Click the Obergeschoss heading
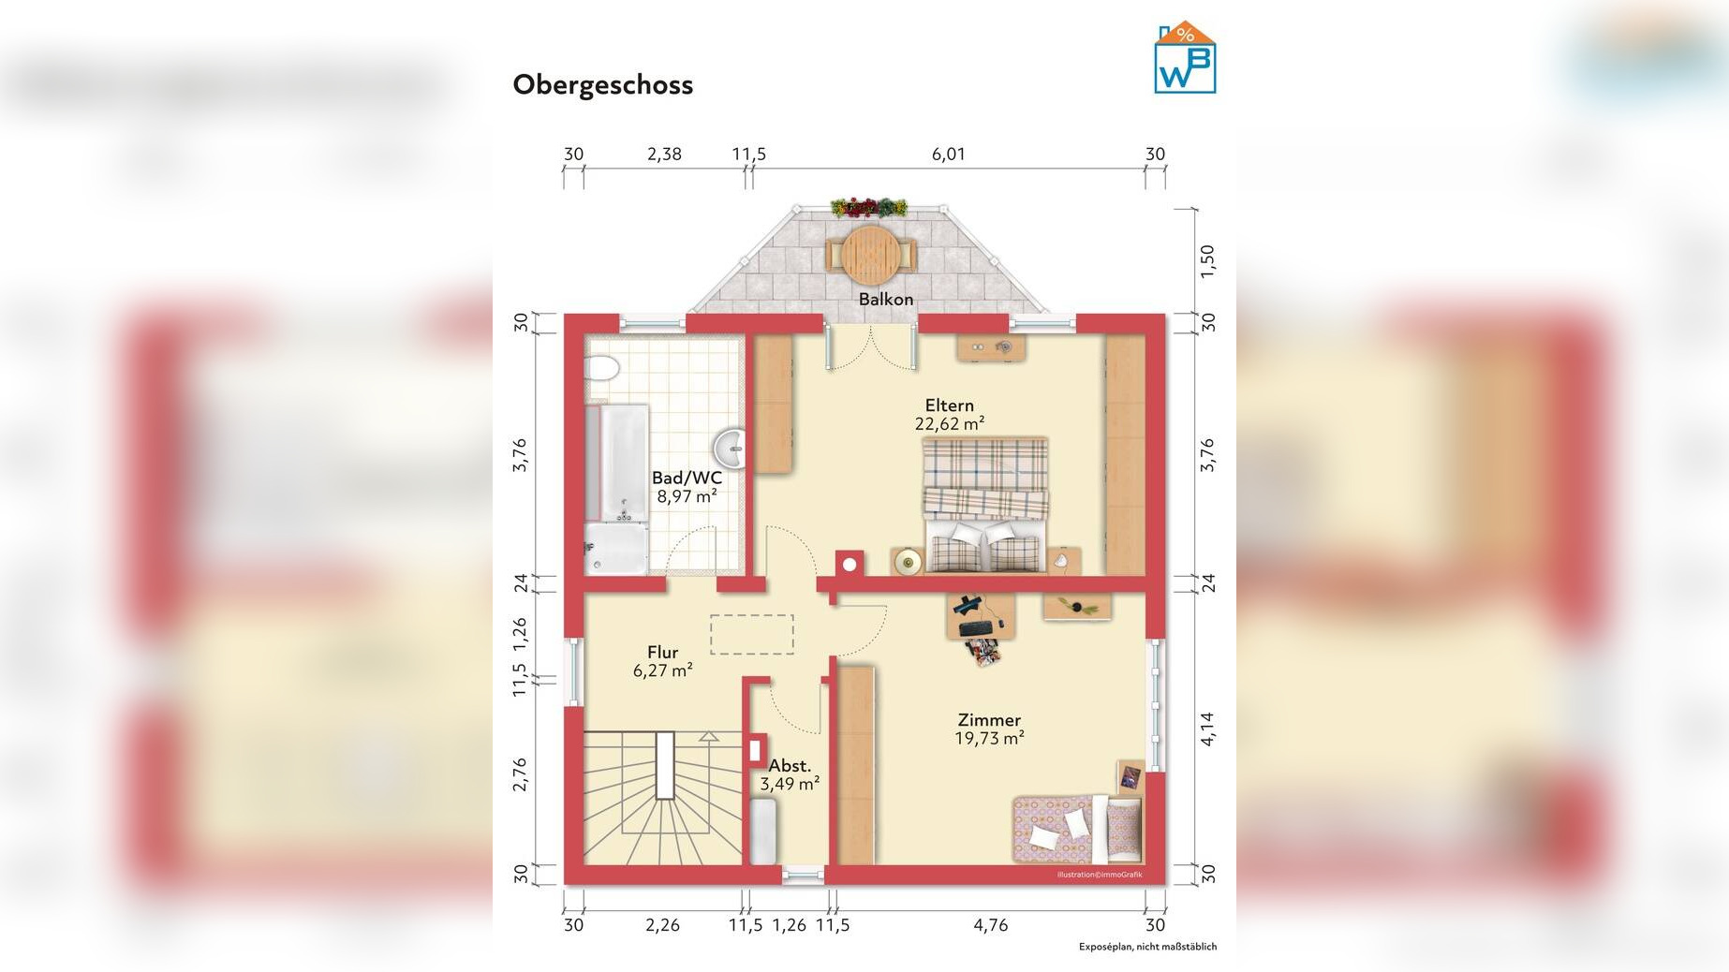click(603, 85)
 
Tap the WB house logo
click(1185, 58)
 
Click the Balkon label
click(886, 299)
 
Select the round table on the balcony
click(871, 255)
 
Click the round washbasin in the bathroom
click(730, 449)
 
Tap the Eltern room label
click(950, 405)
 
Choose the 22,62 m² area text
click(950, 423)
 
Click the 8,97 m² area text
click(687, 496)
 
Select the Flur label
click(662, 653)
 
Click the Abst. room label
click(790, 766)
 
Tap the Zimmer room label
click(989, 720)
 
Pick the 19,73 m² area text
click(989, 738)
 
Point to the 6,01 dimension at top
click(948, 155)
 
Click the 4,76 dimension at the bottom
click(991, 925)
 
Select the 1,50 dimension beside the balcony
click(1208, 260)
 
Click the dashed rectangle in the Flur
click(752, 634)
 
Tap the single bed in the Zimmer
click(1077, 829)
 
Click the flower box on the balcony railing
click(869, 207)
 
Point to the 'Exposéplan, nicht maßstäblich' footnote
click(1147, 947)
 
